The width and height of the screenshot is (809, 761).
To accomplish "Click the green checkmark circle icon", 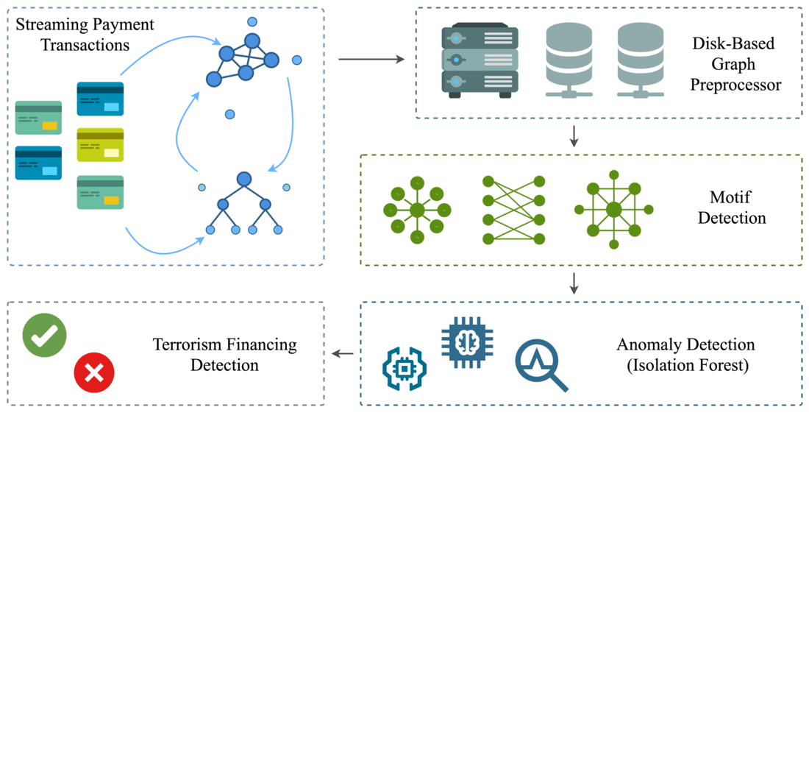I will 44,336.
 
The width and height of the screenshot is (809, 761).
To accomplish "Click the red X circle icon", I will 94,373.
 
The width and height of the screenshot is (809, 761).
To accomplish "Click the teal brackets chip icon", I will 404,368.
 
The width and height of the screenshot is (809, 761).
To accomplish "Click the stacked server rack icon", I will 480,60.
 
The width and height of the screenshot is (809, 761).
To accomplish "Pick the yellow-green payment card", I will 100,145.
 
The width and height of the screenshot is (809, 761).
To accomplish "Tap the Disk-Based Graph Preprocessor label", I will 733,64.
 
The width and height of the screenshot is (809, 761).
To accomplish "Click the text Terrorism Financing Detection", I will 224,355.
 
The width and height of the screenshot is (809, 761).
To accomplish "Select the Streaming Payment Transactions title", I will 85,35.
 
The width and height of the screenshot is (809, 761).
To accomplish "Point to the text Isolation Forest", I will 688,365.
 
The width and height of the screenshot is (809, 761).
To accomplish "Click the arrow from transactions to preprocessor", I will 371,59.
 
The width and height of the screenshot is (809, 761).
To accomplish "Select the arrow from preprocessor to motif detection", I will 574,136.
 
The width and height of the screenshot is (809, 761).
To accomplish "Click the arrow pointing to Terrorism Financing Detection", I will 342,354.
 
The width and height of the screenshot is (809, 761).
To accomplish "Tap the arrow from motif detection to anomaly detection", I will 574,283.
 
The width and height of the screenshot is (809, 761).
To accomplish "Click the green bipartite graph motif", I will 513,210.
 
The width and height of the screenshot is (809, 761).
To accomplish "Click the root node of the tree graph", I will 244,179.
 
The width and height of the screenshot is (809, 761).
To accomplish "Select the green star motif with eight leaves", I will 417,210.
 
